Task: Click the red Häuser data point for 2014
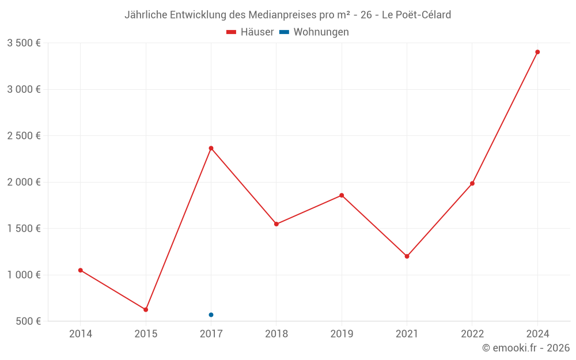(81, 270)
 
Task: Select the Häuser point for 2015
(146, 310)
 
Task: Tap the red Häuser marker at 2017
(211, 148)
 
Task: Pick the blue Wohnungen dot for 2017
(211, 314)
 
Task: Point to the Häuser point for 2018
(276, 224)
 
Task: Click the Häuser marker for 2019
(342, 195)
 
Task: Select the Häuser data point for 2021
(407, 256)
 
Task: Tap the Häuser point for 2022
(472, 183)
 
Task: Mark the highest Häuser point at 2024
(537, 52)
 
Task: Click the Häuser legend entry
(250, 32)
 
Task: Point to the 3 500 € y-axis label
(24, 43)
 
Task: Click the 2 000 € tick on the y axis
(24, 182)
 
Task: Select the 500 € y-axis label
(28, 321)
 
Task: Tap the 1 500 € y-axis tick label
(24, 228)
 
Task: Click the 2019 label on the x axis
(342, 334)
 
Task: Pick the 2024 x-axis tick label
(537, 334)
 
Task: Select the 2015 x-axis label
(146, 334)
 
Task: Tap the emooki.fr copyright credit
(526, 348)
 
